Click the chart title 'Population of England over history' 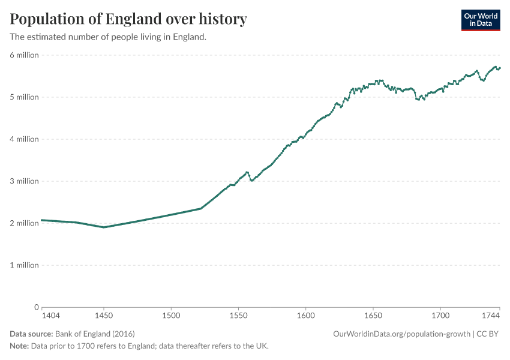point(128,19)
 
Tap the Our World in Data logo point(480,20)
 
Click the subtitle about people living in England point(108,37)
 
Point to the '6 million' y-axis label point(24,55)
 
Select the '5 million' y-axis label point(24,97)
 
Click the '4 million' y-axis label point(24,139)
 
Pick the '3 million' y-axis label point(24,181)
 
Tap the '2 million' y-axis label point(24,223)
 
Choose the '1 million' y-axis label point(24,265)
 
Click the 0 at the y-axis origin point(36,307)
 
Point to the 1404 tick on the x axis point(50,314)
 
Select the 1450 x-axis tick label point(104,314)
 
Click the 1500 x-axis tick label point(171,314)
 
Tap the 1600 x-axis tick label point(305,314)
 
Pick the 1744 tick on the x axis point(491,314)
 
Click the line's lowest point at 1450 point(104,227)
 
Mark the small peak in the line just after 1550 point(247,172)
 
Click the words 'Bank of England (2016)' point(95,334)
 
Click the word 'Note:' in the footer point(20,346)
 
